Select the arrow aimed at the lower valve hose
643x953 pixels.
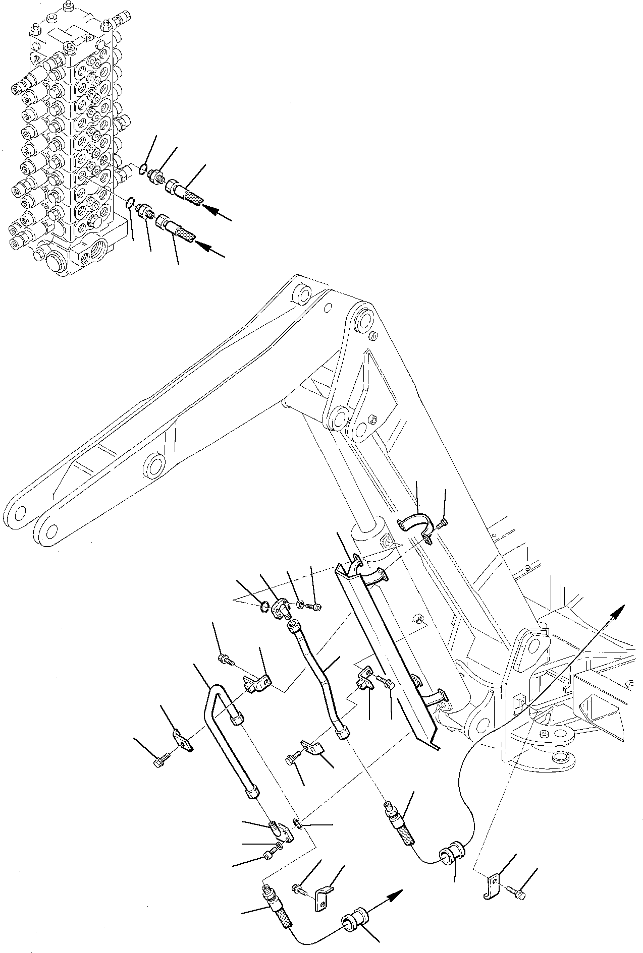tap(210, 249)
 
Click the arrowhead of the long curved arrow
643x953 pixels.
tap(619, 611)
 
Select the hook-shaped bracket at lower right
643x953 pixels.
tap(493, 880)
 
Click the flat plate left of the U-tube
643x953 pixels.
tap(182, 742)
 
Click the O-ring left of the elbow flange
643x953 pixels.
tap(263, 607)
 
